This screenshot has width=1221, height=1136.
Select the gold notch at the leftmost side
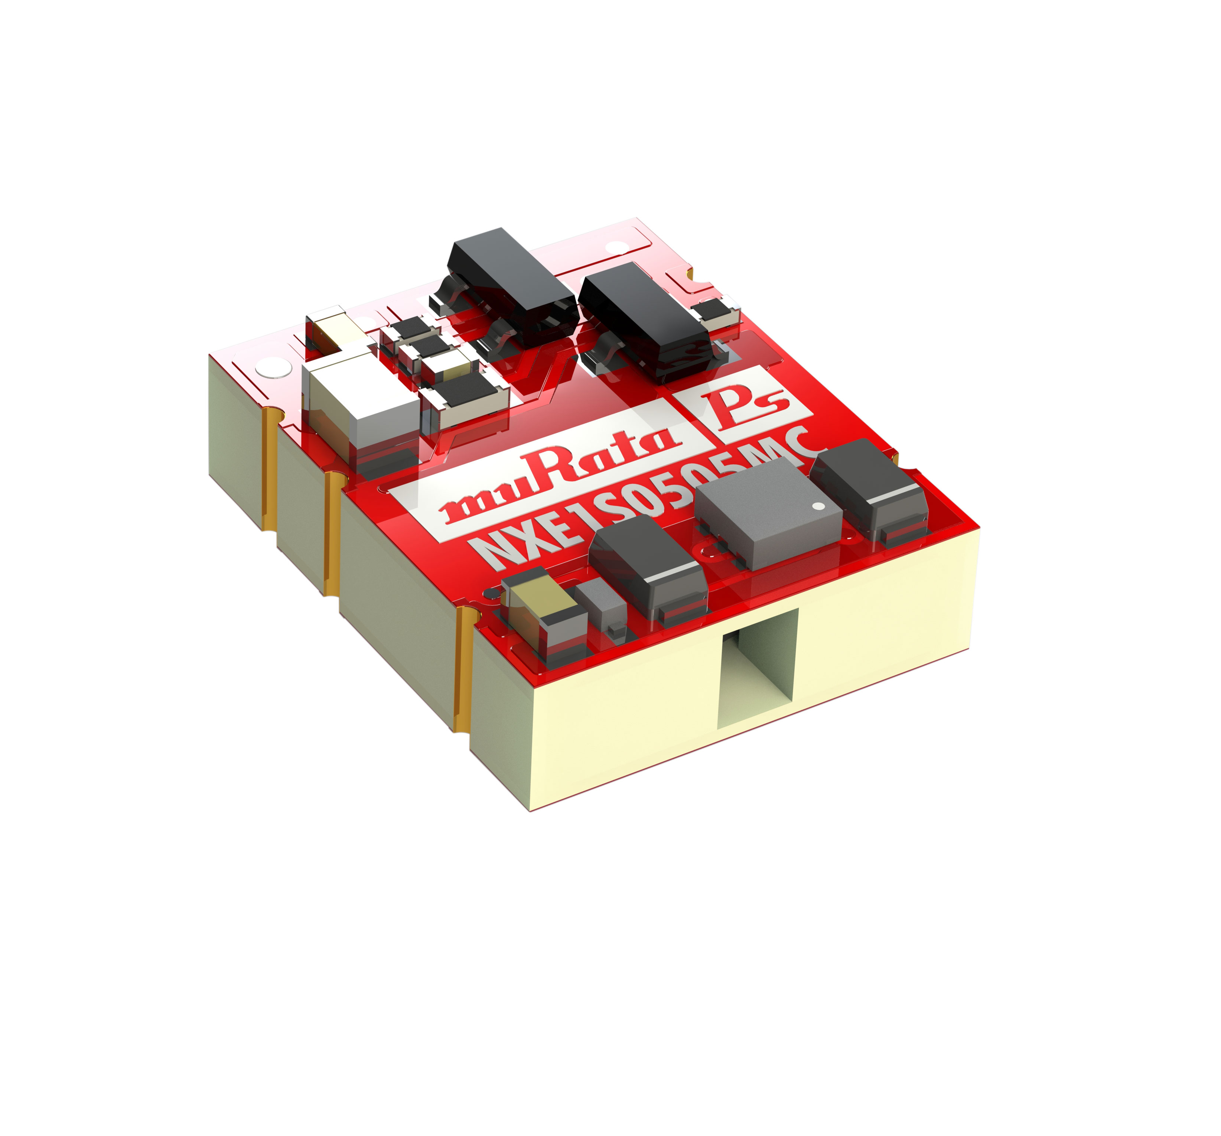[x=268, y=470]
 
